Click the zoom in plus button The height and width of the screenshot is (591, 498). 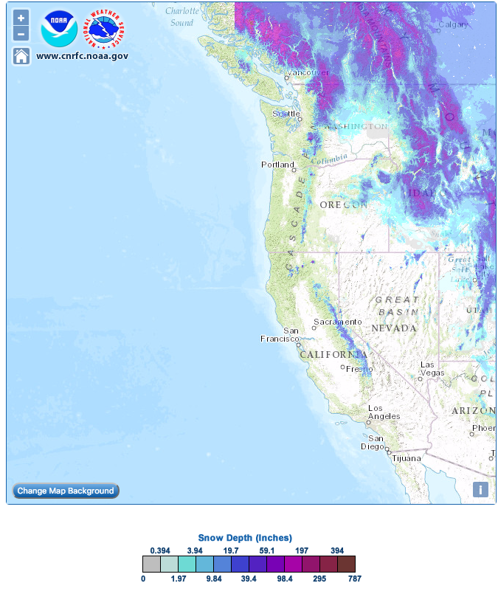point(21,18)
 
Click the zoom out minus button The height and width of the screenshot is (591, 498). point(21,33)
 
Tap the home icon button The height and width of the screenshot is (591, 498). point(21,56)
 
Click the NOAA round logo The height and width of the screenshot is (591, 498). point(60,28)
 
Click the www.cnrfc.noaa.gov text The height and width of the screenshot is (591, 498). point(82,55)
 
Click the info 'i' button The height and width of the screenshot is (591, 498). point(480,489)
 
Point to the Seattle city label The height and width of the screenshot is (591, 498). point(287,114)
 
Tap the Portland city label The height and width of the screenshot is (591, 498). point(277,165)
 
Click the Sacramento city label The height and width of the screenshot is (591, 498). point(337,322)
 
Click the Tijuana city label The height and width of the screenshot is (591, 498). point(406,458)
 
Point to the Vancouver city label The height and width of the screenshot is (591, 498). point(308,72)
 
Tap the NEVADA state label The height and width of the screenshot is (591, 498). point(394,327)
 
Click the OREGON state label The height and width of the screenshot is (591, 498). point(343,204)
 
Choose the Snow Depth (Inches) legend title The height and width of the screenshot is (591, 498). point(245,537)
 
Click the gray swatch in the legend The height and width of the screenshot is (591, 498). point(151,564)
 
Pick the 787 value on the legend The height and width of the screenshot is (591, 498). point(355,579)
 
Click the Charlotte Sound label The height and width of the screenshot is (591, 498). point(182,16)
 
